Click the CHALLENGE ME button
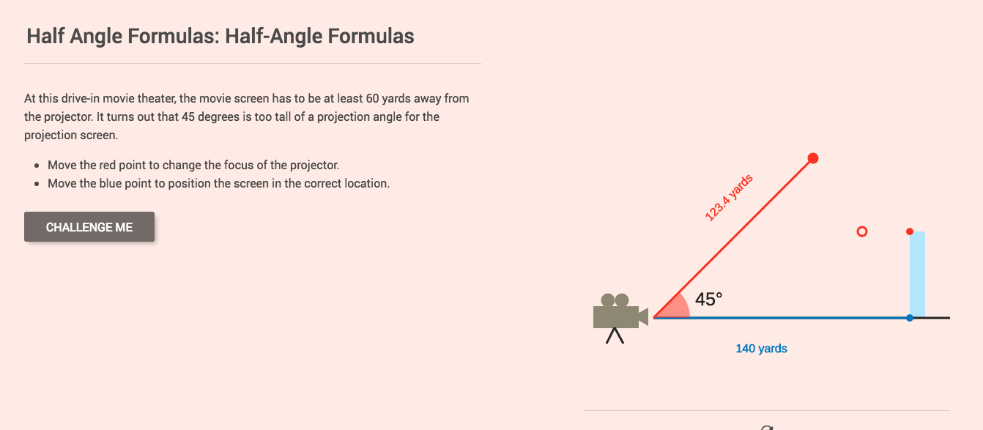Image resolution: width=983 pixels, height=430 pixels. click(89, 227)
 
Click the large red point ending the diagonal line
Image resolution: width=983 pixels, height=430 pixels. click(812, 158)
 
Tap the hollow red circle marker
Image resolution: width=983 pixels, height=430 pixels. click(861, 231)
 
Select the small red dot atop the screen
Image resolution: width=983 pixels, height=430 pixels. click(910, 231)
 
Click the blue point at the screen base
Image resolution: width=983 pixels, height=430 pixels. click(910, 318)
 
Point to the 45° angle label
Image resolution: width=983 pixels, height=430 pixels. click(708, 299)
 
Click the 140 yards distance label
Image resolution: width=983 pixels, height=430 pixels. click(761, 349)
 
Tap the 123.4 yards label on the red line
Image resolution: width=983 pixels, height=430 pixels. click(729, 198)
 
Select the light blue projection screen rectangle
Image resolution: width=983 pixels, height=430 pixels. click(917, 275)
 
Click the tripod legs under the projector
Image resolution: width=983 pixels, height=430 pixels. click(615, 336)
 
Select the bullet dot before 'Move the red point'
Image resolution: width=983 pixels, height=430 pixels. click(37, 166)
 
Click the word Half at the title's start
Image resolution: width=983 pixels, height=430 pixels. click(45, 36)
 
